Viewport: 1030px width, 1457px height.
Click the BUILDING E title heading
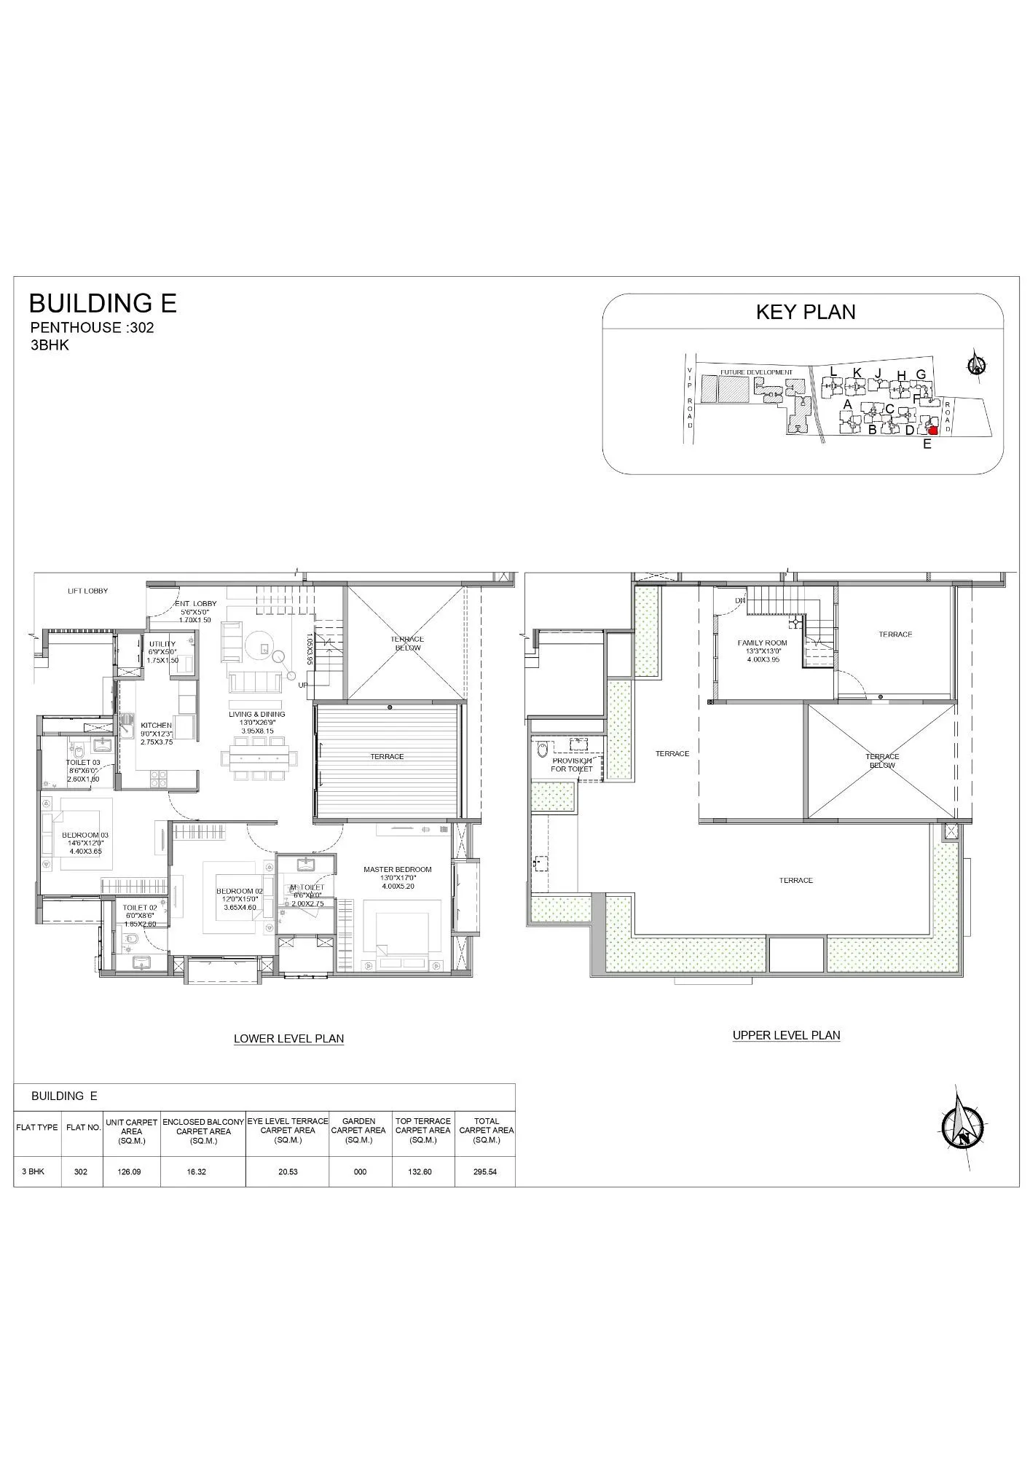(x=102, y=303)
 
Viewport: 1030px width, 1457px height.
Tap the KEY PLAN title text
(x=805, y=312)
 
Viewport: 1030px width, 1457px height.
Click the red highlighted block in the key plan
(x=932, y=430)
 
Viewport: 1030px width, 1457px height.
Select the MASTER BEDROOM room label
(x=397, y=869)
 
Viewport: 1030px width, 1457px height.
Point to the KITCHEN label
(x=156, y=726)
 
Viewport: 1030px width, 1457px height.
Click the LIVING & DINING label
(x=256, y=714)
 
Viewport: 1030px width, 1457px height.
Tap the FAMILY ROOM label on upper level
(x=762, y=643)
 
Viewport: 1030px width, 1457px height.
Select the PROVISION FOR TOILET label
(x=571, y=764)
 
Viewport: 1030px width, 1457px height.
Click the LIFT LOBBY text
(x=87, y=591)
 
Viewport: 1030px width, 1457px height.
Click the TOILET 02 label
(x=139, y=908)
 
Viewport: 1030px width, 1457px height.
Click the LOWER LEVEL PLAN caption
(x=288, y=1039)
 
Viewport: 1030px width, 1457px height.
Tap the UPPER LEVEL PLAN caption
(x=786, y=1034)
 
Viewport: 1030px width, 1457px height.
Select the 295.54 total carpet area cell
(x=484, y=1171)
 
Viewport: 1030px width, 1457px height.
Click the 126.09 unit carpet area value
(x=131, y=1171)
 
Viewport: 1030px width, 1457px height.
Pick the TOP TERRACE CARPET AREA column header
(x=422, y=1130)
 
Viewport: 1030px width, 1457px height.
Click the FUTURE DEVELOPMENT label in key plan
(x=755, y=372)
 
